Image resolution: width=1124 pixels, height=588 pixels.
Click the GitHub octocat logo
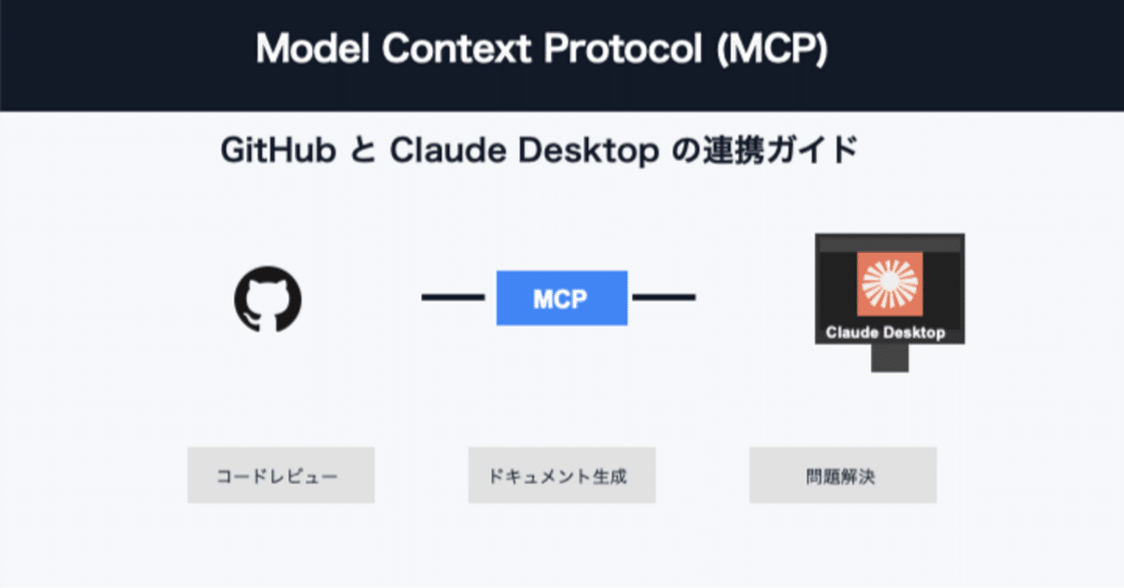point(268,299)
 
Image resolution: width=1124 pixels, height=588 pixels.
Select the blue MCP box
point(561,299)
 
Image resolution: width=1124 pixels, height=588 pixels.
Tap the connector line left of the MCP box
point(452,298)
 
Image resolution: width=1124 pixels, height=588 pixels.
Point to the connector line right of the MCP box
point(664,298)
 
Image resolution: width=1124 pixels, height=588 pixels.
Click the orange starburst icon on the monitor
point(890,285)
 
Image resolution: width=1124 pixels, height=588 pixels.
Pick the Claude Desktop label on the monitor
point(885,332)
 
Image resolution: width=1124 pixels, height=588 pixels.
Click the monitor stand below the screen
point(889,358)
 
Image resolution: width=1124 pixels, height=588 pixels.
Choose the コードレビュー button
point(281,476)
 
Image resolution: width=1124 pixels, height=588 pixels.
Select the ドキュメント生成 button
point(562,476)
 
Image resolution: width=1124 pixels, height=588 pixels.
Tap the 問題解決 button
point(842,476)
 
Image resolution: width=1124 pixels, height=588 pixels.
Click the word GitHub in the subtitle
point(279,151)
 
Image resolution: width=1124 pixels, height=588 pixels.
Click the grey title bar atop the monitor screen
point(889,243)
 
